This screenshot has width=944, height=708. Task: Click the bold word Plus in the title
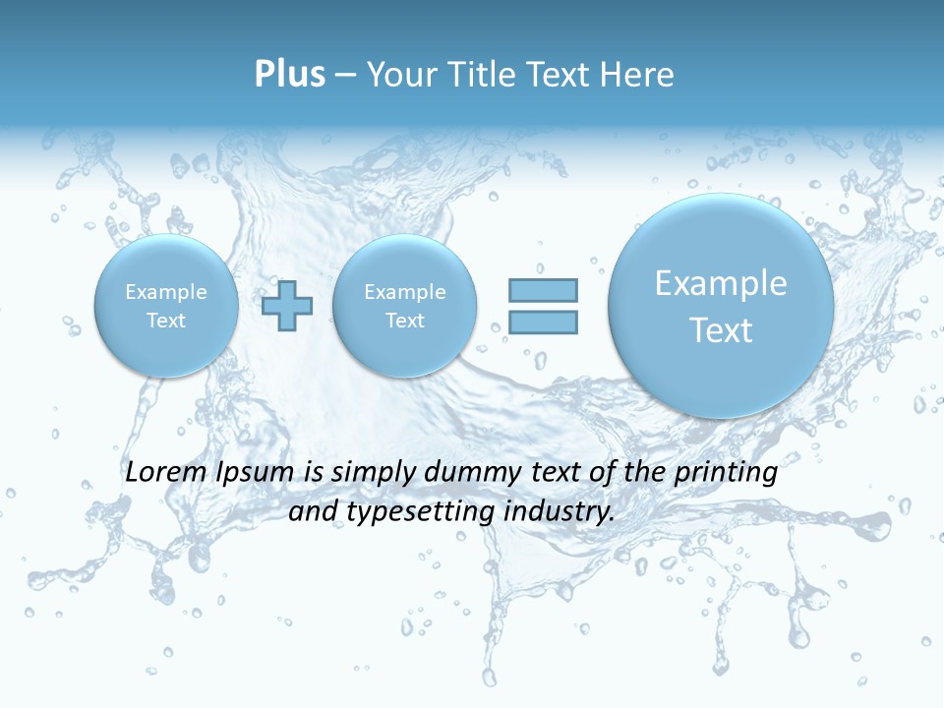click(289, 75)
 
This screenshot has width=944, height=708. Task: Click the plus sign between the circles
click(287, 306)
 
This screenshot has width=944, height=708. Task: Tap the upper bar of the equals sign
click(543, 290)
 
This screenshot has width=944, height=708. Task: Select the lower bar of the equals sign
click(543, 322)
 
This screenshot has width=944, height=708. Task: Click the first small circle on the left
click(166, 306)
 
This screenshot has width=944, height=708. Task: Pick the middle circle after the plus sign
click(404, 306)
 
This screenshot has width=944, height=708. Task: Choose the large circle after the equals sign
click(721, 306)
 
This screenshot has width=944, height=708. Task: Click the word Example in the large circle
click(721, 283)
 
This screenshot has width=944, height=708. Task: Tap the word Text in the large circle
click(721, 330)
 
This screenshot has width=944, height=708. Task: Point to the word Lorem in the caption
click(166, 472)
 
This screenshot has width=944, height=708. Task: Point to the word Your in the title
click(403, 75)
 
